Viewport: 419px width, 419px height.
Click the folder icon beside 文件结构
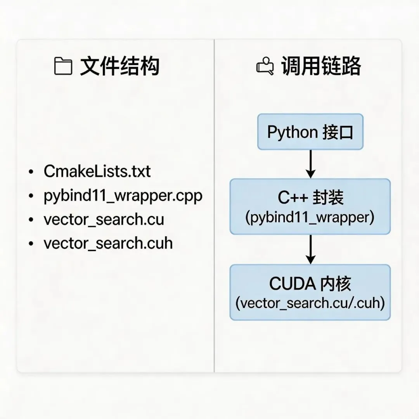click(x=63, y=66)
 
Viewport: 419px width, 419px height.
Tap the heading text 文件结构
click(x=119, y=66)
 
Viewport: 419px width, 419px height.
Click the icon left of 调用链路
click(x=265, y=66)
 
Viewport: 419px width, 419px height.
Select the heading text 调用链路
click(x=321, y=66)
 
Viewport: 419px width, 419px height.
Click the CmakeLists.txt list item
click(x=97, y=171)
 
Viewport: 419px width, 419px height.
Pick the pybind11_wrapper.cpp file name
click(x=123, y=196)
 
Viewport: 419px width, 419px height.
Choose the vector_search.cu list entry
click(x=104, y=220)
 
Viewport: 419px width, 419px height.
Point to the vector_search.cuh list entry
click(x=108, y=244)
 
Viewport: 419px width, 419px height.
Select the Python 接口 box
click(x=310, y=132)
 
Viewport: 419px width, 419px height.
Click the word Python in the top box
click(x=292, y=133)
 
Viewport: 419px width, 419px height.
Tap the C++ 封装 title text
click(x=310, y=198)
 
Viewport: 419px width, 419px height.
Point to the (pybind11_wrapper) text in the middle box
click(x=310, y=217)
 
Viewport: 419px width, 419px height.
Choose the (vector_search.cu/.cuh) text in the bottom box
click(x=310, y=303)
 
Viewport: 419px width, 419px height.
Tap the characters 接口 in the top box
click(x=338, y=133)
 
